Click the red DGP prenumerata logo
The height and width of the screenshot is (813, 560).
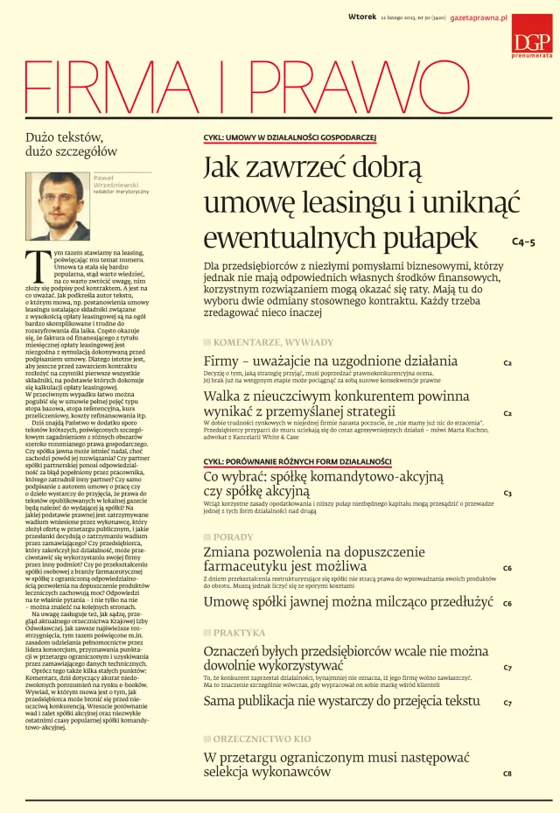tap(532, 37)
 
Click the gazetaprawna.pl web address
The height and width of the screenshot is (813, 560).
tap(479, 18)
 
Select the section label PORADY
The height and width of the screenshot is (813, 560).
tap(234, 536)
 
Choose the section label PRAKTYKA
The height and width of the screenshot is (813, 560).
tap(239, 632)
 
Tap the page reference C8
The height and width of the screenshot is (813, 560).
tap(507, 774)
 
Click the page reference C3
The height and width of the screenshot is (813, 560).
tap(507, 494)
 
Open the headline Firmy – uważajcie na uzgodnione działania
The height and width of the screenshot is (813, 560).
tap(331, 361)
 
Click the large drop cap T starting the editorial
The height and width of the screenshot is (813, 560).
tap(36, 262)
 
